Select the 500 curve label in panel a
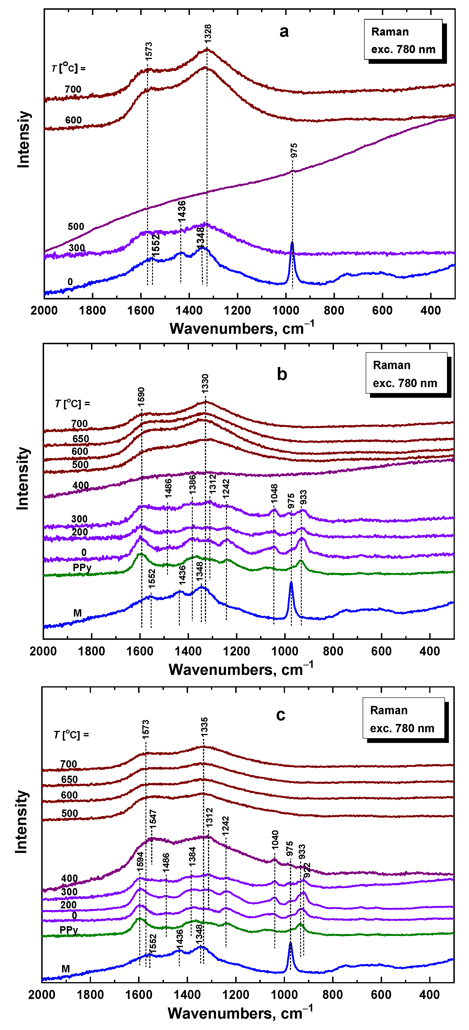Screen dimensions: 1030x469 (76, 227)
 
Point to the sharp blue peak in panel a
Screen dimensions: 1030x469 (292, 243)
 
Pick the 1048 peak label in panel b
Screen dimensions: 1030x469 (274, 493)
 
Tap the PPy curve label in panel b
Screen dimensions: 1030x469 (82, 568)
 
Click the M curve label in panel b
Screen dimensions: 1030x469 (77, 613)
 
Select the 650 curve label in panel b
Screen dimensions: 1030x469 (81, 439)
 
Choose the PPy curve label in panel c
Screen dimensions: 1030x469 (68, 930)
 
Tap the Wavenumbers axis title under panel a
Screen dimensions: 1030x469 (242, 329)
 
